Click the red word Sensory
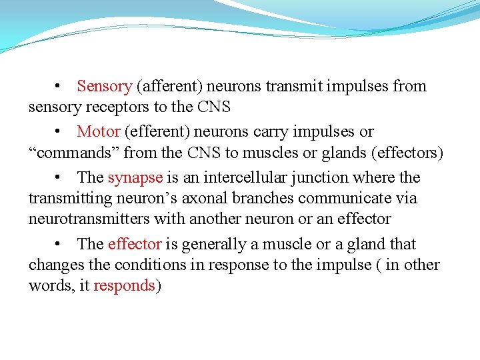click(105, 87)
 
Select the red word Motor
click(99, 132)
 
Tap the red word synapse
click(135, 178)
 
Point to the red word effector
click(135, 245)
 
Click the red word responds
click(125, 286)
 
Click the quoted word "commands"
click(73, 153)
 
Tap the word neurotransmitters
click(89, 219)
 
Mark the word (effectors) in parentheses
click(405, 153)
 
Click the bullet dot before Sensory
click(59, 87)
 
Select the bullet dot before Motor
click(59, 132)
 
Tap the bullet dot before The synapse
click(59, 178)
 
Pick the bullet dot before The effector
click(59, 245)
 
